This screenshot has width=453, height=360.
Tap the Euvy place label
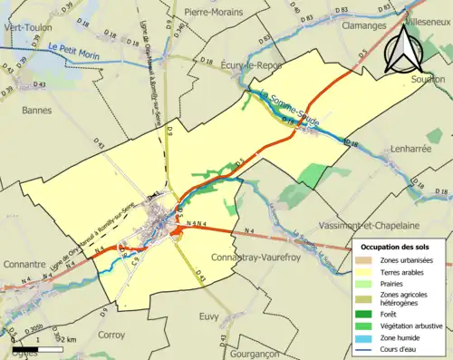pos(209,316)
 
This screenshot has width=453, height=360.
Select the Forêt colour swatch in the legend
pos(369,314)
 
